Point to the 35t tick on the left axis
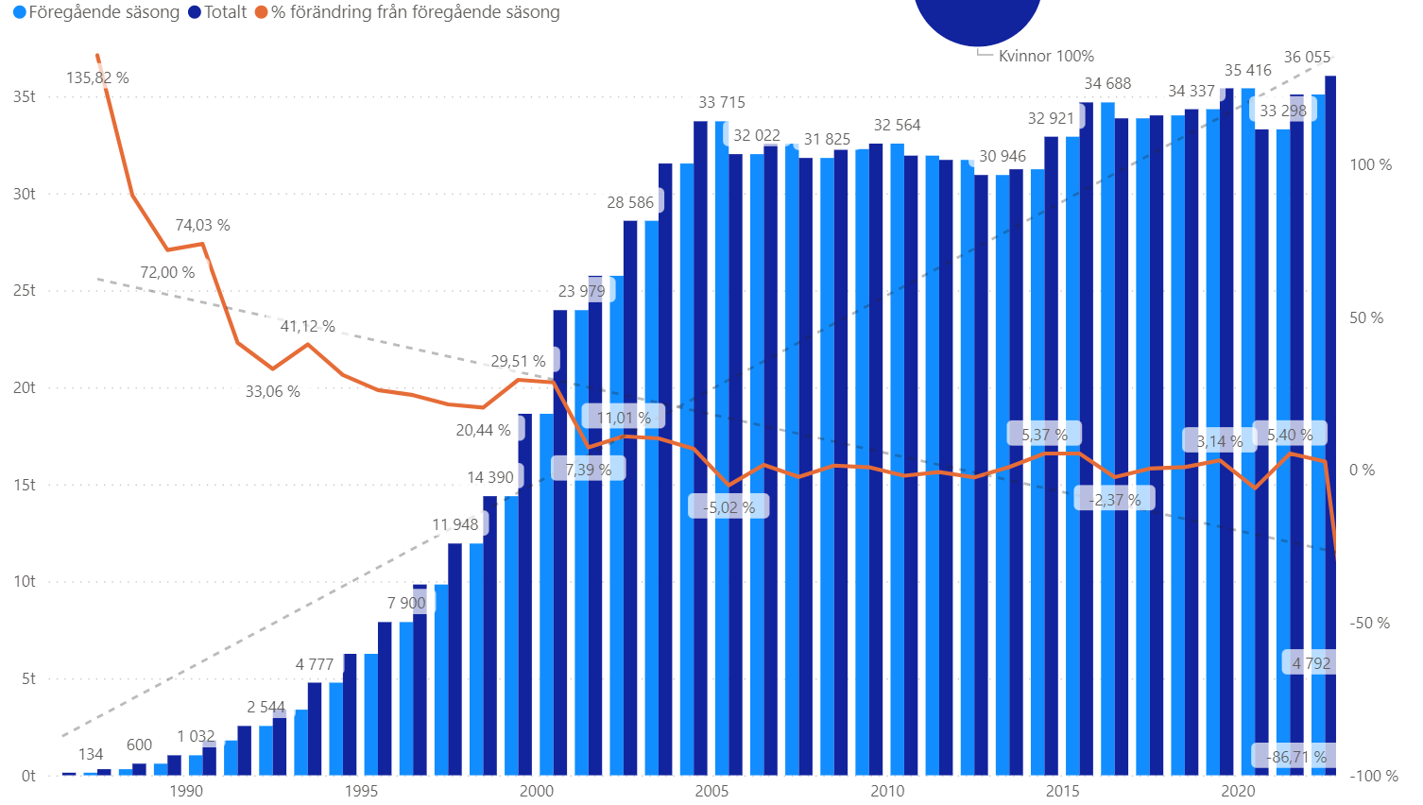[25, 97]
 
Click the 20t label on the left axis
[25, 388]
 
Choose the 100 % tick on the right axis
[1370, 165]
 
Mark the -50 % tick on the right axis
[1369, 624]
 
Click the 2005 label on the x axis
[711, 791]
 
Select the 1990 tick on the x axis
[186, 791]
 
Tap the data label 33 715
[722, 103]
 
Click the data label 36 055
[1307, 58]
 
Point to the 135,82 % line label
[97, 78]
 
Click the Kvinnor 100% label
[1046, 57]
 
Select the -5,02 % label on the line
[729, 507]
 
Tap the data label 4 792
[1311, 663]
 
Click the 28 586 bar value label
[630, 203]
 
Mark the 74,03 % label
[202, 226]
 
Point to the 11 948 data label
[455, 525]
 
